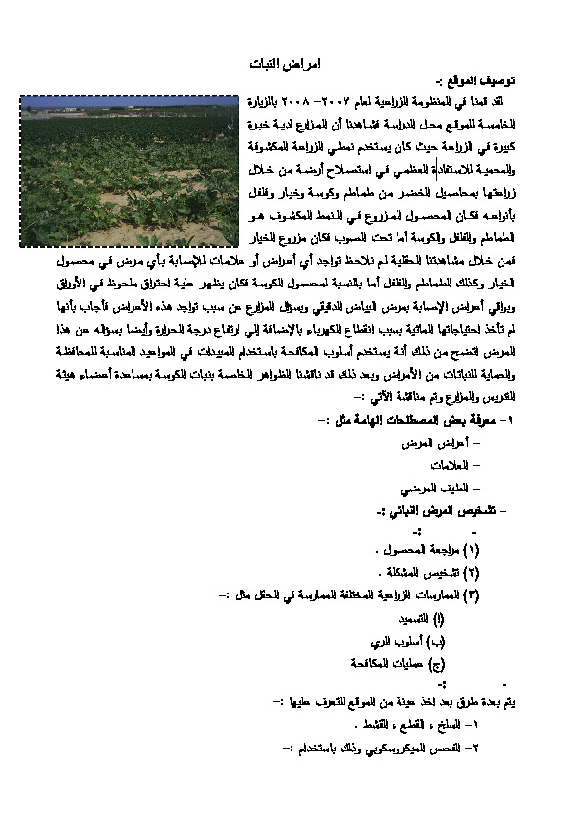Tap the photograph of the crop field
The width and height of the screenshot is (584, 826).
coord(130,172)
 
